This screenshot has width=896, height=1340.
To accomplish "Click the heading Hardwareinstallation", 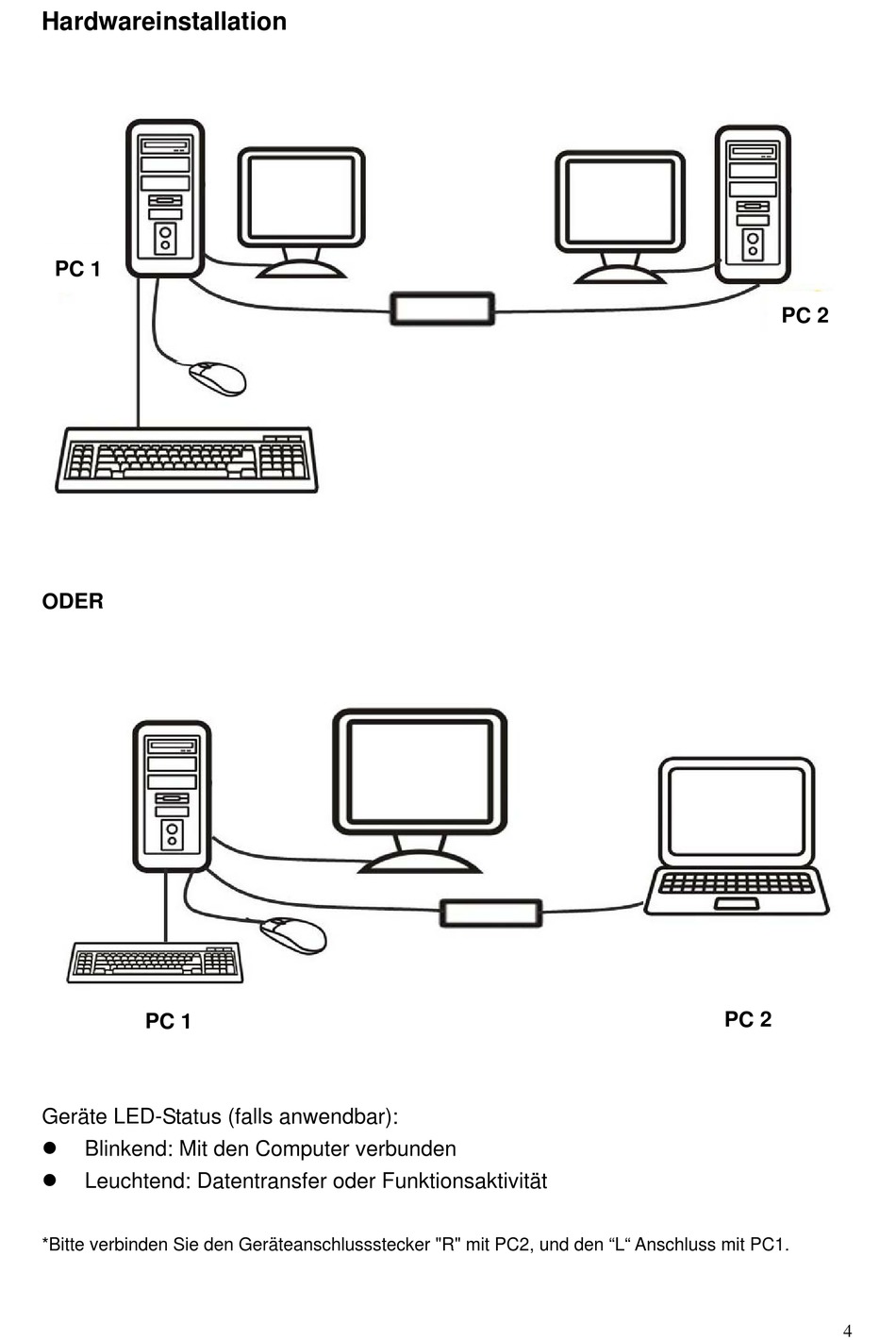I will [x=164, y=22].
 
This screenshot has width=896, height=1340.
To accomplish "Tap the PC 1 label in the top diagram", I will [x=77, y=269].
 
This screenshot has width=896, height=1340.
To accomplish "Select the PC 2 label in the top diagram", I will [x=805, y=315].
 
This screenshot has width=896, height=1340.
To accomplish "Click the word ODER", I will [x=73, y=601].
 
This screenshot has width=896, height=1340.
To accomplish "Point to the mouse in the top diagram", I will [x=218, y=377].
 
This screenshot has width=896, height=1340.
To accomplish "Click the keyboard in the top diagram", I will [x=187, y=460].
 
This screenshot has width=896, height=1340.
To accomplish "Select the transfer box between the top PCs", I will [x=442, y=309].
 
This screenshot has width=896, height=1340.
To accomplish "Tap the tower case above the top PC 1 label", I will [x=165, y=198].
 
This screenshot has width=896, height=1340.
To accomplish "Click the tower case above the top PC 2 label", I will [x=753, y=205].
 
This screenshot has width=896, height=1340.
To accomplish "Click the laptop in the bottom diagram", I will [x=737, y=835].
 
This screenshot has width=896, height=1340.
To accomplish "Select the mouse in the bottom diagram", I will [x=293, y=934].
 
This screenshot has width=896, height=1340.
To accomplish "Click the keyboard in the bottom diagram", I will [x=156, y=962].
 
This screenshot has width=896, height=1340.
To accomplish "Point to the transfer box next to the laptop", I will [x=490, y=913].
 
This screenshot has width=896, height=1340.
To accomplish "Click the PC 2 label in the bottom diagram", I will [x=748, y=1019].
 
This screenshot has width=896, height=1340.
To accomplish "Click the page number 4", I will [x=847, y=1331].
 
